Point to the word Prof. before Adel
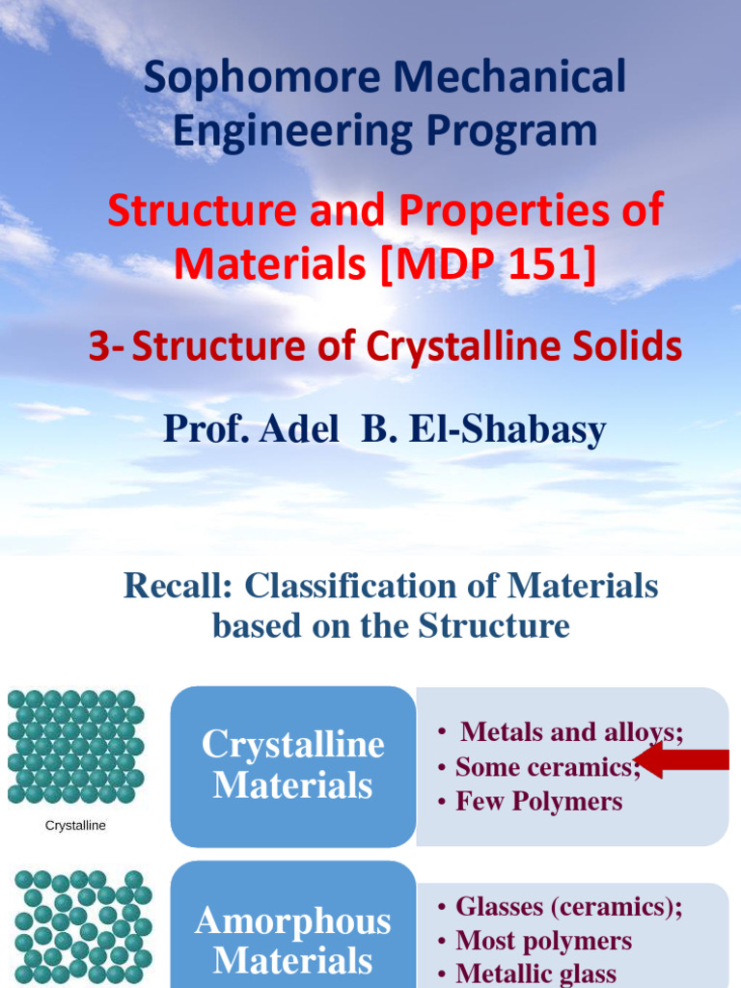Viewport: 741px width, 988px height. [203, 429]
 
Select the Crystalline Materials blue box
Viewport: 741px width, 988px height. [292, 765]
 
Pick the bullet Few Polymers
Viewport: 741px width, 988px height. [538, 802]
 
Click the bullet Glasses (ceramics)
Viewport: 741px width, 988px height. [568, 907]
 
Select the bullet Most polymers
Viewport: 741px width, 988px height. [543, 941]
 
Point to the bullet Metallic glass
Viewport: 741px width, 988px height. [535, 974]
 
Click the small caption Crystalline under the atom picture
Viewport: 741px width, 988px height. [75, 826]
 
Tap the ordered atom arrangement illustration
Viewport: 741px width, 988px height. [75, 746]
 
